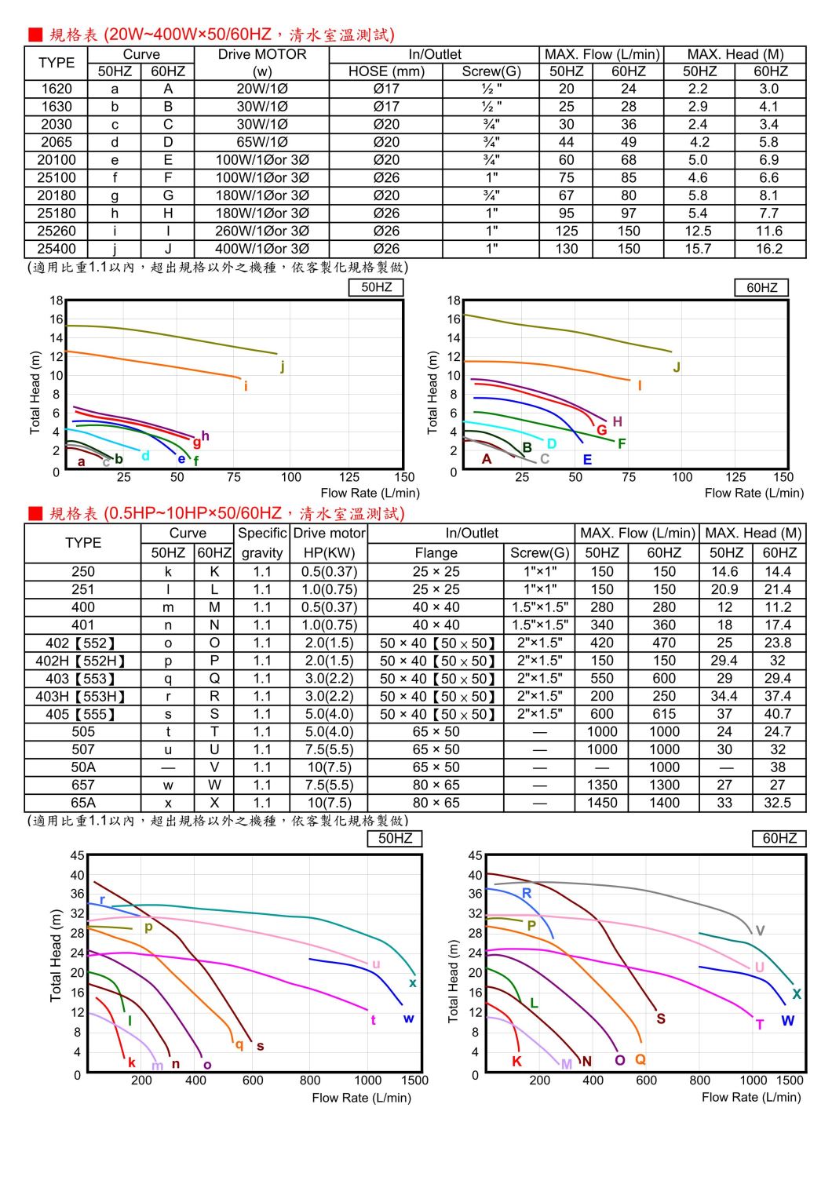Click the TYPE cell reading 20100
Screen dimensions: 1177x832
pos(57,160)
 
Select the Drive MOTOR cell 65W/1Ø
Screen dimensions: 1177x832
pos(262,142)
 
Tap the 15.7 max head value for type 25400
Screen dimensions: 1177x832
pos(698,249)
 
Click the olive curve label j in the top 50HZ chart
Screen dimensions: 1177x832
pos(283,366)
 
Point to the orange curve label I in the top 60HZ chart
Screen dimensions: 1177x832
pos(640,385)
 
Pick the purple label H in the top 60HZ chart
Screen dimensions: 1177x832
pos(618,421)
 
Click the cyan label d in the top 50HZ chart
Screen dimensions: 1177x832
pos(145,455)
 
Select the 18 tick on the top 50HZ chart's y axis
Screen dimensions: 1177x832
pos(57,301)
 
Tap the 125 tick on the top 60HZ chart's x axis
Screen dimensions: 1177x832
pos(735,477)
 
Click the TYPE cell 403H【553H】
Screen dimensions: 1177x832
pos(82,696)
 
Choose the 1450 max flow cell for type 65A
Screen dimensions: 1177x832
pos(602,803)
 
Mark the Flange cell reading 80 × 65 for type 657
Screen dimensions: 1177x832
pos(436,785)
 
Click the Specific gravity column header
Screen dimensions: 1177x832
pos(262,542)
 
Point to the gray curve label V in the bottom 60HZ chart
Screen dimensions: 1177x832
pos(760,931)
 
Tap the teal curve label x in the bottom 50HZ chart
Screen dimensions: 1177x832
pos(413,982)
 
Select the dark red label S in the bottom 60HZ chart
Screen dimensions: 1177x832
pos(661,1018)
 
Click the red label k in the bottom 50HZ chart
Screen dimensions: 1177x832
pos(132,1062)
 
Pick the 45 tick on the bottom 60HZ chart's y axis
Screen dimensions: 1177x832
pos(475,855)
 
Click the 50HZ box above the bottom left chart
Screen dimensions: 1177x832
pos(395,838)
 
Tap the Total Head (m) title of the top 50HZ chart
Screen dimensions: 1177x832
pos(35,392)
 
